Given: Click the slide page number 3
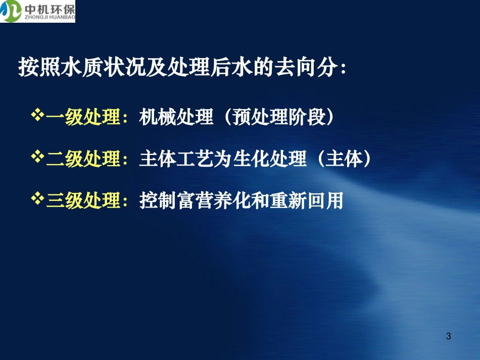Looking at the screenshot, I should [449, 336].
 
